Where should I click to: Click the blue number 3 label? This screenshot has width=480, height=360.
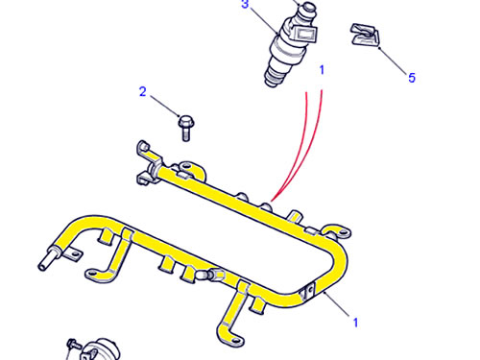click(245, 5)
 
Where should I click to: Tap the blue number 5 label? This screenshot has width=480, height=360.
click(412, 78)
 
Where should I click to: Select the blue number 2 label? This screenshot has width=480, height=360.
click(143, 91)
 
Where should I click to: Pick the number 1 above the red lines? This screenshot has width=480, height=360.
click(322, 70)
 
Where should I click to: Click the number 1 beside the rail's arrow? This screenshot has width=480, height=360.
click(355, 323)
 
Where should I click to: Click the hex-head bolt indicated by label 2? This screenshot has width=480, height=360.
click(185, 128)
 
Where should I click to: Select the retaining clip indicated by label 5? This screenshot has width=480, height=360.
click(365, 35)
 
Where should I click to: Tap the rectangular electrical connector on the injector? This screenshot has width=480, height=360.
click(304, 34)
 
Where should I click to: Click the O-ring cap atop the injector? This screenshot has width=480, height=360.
click(308, 7)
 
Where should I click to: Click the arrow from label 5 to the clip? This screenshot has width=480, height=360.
click(394, 60)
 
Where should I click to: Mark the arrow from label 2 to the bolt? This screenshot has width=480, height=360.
click(165, 107)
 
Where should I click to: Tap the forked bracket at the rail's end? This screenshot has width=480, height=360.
click(148, 163)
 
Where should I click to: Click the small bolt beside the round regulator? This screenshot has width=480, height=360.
click(73, 345)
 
